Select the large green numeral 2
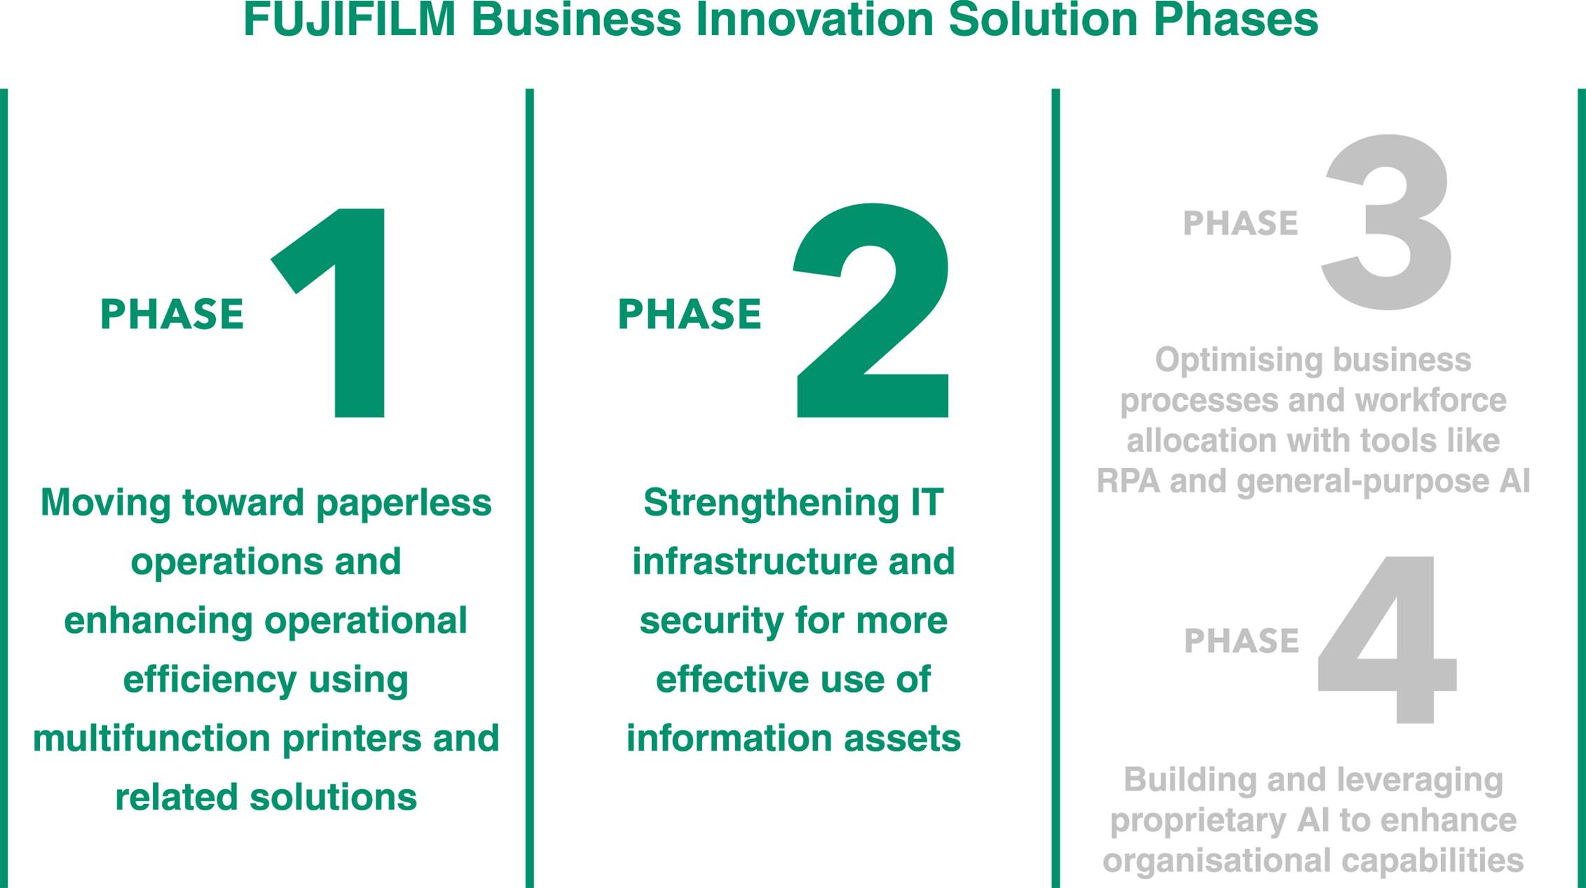click(x=873, y=310)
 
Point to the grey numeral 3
click(x=1386, y=222)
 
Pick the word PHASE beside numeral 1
click(x=172, y=314)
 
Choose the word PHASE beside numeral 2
click(x=689, y=314)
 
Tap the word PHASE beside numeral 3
click(x=1240, y=223)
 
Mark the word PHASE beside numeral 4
click(x=1241, y=641)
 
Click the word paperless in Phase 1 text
click(x=404, y=504)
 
